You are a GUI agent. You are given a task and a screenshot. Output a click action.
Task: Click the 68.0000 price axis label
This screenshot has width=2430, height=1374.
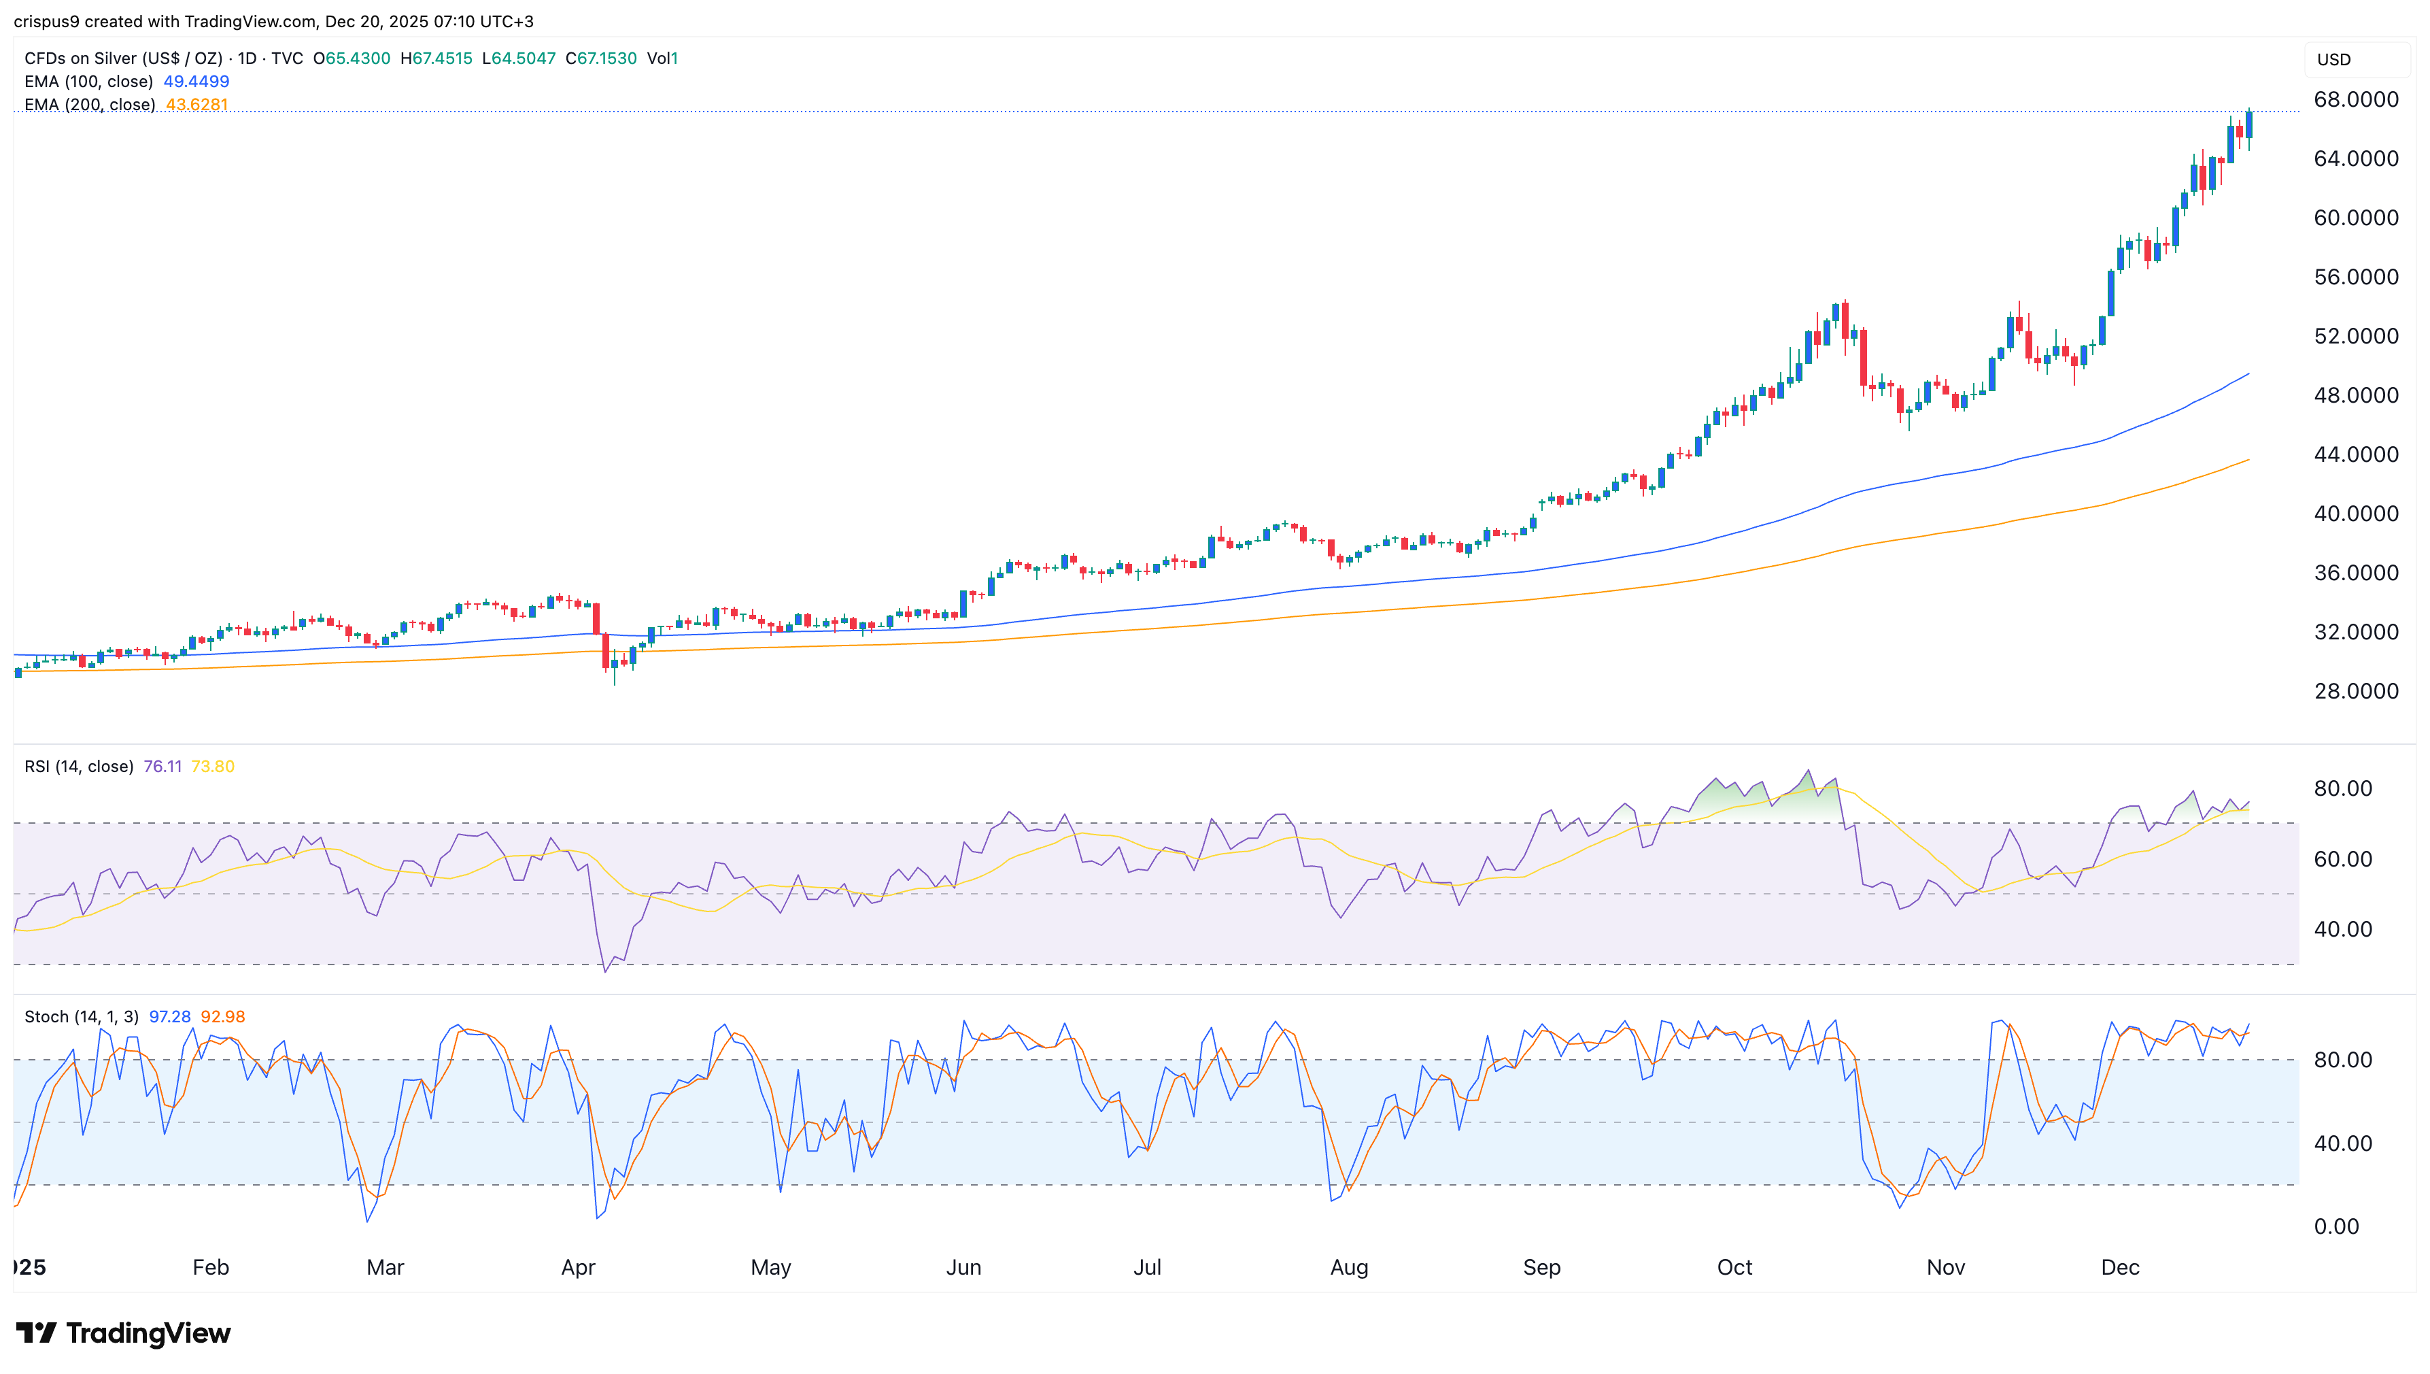(2355, 100)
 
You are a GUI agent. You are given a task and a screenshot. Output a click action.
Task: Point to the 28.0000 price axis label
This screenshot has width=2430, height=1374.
(2355, 692)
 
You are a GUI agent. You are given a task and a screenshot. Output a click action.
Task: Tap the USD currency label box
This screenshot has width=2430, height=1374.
(2335, 59)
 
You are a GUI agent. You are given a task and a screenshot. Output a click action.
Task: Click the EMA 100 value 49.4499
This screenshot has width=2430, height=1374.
(196, 81)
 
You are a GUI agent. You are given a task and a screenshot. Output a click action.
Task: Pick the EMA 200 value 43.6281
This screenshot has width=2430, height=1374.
(196, 105)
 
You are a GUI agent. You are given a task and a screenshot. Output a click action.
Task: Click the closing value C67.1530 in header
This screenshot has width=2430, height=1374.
(601, 58)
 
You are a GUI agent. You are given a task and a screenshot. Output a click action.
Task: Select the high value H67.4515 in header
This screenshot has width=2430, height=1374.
(436, 58)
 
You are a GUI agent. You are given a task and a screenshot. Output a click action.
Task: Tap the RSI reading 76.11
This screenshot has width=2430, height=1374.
(162, 767)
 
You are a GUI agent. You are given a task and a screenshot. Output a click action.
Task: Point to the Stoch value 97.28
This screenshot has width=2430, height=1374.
(170, 1016)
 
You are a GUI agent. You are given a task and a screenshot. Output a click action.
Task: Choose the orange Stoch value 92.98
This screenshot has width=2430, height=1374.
(222, 1016)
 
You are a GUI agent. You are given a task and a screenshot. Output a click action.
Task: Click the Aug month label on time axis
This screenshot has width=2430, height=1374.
(1349, 1267)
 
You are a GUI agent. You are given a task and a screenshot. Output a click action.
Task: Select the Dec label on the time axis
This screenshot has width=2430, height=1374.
(2120, 1267)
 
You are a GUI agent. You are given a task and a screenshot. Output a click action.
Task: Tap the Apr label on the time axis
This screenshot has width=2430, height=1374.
(578, 1267)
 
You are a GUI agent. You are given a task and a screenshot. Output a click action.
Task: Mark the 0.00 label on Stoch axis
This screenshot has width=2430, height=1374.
(2335, 1227)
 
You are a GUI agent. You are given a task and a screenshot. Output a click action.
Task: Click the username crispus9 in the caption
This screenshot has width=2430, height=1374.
(46, 21)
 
